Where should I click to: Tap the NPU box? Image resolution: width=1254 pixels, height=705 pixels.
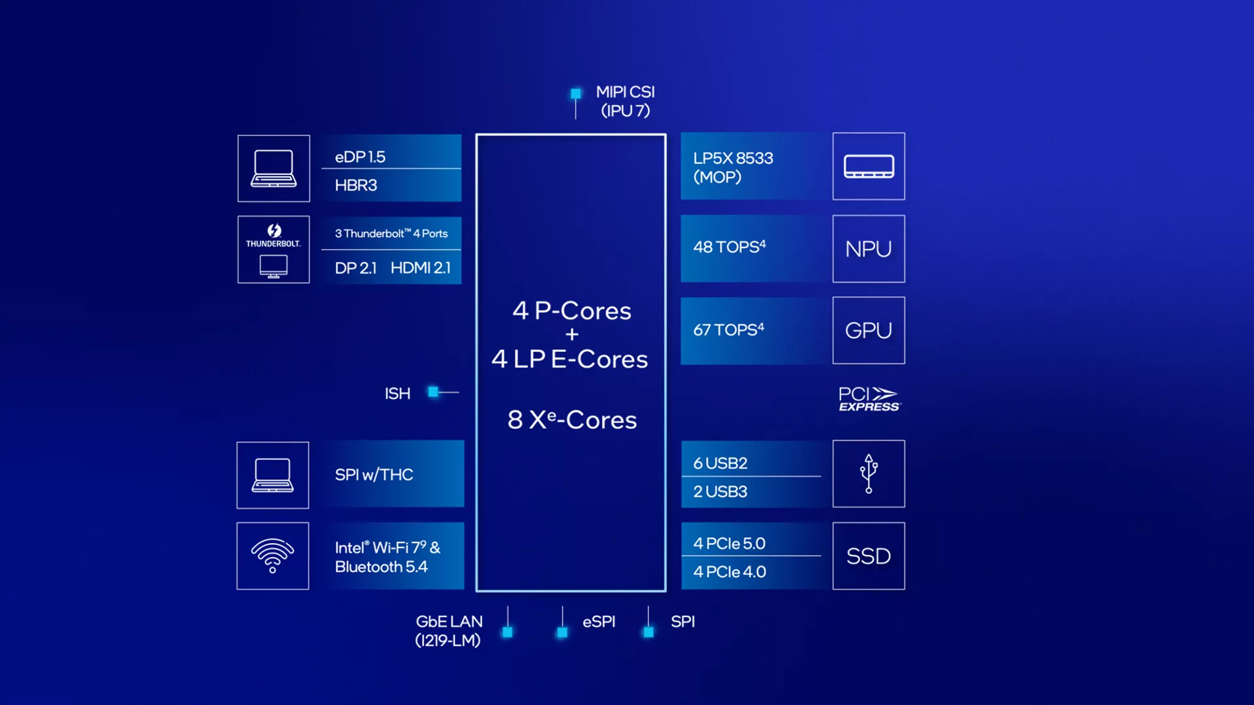[869, 249]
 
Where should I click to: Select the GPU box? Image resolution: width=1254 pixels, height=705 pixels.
[869, 330]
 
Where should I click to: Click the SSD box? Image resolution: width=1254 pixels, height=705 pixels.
[869, 556]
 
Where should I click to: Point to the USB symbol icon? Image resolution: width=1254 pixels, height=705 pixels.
[869, 474]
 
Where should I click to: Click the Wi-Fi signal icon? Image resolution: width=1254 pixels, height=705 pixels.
[272, 556]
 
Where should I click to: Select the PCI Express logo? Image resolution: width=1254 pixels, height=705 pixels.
[869, 399]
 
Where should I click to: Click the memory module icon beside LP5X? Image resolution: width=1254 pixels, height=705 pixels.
[869, 166]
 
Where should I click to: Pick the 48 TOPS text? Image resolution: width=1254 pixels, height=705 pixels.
[730, 247]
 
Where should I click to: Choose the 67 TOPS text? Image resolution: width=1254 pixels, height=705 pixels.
[729, 330]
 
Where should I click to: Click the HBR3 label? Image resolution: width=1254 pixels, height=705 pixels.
[356, 185]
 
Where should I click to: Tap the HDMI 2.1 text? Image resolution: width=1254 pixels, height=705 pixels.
[421, 268]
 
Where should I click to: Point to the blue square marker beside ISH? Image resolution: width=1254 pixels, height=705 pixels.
[433, 392]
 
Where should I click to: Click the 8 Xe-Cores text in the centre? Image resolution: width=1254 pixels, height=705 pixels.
[572, 420]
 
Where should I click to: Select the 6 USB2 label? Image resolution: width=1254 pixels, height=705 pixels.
[720, 463]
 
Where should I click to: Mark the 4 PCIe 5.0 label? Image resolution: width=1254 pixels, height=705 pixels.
[729, 544]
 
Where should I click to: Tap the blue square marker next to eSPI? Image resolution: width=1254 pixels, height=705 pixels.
[562, 633]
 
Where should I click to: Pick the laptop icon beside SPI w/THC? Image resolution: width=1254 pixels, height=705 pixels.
[272, 475]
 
